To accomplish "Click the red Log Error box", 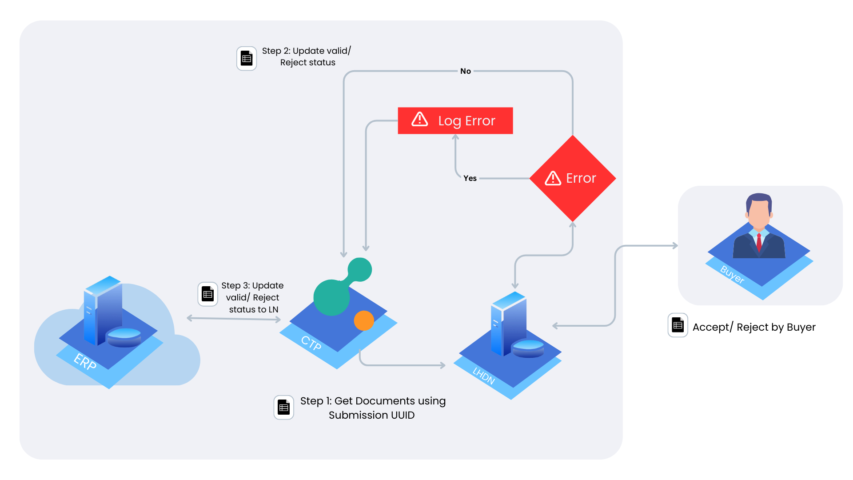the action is coord(455,120).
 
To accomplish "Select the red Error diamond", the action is coord(573,178).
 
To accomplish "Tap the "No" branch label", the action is coord(466,71).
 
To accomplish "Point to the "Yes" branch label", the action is coord(470,178).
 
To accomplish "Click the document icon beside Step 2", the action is coord(247,58).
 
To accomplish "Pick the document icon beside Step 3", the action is coord(207,294).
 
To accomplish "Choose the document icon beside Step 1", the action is coord(283,407).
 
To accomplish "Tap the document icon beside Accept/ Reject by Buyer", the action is coord(678,325).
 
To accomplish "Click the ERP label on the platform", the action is coord(85,361).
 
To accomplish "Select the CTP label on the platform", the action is coord(311,343).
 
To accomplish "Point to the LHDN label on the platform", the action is coord(484,376).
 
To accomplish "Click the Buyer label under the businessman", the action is coord(732,274).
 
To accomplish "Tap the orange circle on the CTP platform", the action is coord(364,320).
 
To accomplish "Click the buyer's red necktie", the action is coord(759,243).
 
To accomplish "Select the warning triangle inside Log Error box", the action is coord(420,119).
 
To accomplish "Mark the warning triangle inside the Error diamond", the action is coord(553,178).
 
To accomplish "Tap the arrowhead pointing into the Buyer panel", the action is coord(675,245).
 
